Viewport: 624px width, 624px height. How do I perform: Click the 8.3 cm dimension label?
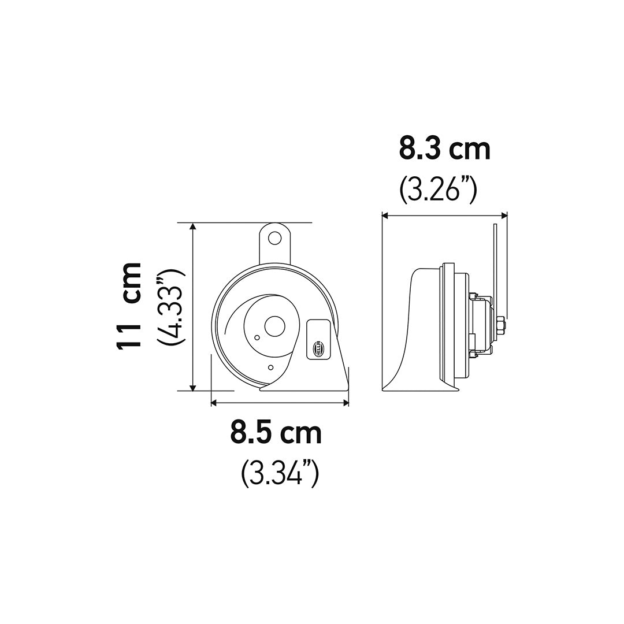click(x=444, y=149)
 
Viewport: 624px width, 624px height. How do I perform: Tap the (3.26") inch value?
click(x=438, y=191)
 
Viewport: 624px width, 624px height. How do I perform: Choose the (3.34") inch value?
click(x=280, y=474)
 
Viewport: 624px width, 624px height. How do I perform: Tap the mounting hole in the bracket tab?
click(x=274, y=238)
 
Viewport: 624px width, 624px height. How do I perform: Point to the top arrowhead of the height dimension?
click(x=193, y=226)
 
